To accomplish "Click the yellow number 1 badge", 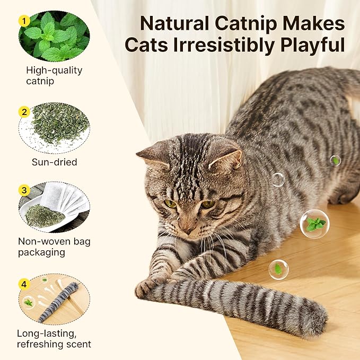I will coord(23,21).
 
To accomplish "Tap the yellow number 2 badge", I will coord(23,112).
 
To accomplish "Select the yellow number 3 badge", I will coord(23,190).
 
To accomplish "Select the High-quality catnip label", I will coord(54,75).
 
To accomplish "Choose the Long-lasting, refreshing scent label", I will coord(54,339).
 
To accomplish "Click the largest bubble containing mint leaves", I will coord(314,224).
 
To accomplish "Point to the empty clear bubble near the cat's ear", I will coord(278,179).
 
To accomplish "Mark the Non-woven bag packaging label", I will coord(54,247).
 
